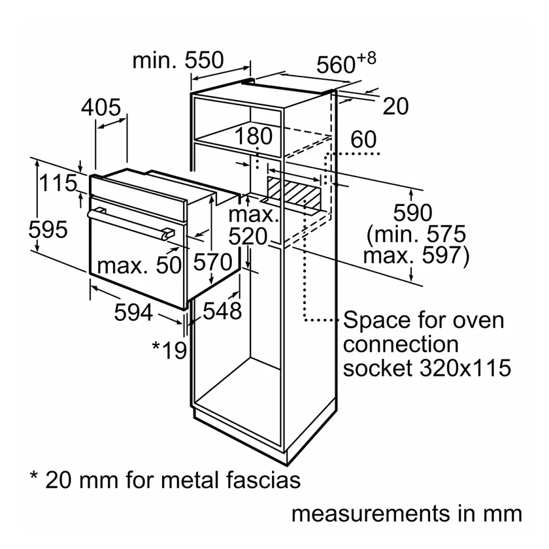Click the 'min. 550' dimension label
[x=178, y=60]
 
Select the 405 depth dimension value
[x=101, y=107]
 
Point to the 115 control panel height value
[x=58, y=183]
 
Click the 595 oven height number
[x=48, y=229]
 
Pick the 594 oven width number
[x=133, y=312]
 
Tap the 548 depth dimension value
[x=222, y=310]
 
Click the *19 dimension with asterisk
[x=169, y=350]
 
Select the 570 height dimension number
[x=213, y=262]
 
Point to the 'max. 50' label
[x=139, y=265]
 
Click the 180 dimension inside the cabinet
[x=253, y=136]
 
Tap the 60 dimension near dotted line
[x=363, y=139]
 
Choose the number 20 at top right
[x=395, y=106]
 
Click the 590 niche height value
[x=412, y=212]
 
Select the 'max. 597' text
[x=416, y=256]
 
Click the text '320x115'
[x=465, y=368]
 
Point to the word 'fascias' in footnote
[x=263, y=480]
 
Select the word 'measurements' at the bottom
[x=371, y=514]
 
